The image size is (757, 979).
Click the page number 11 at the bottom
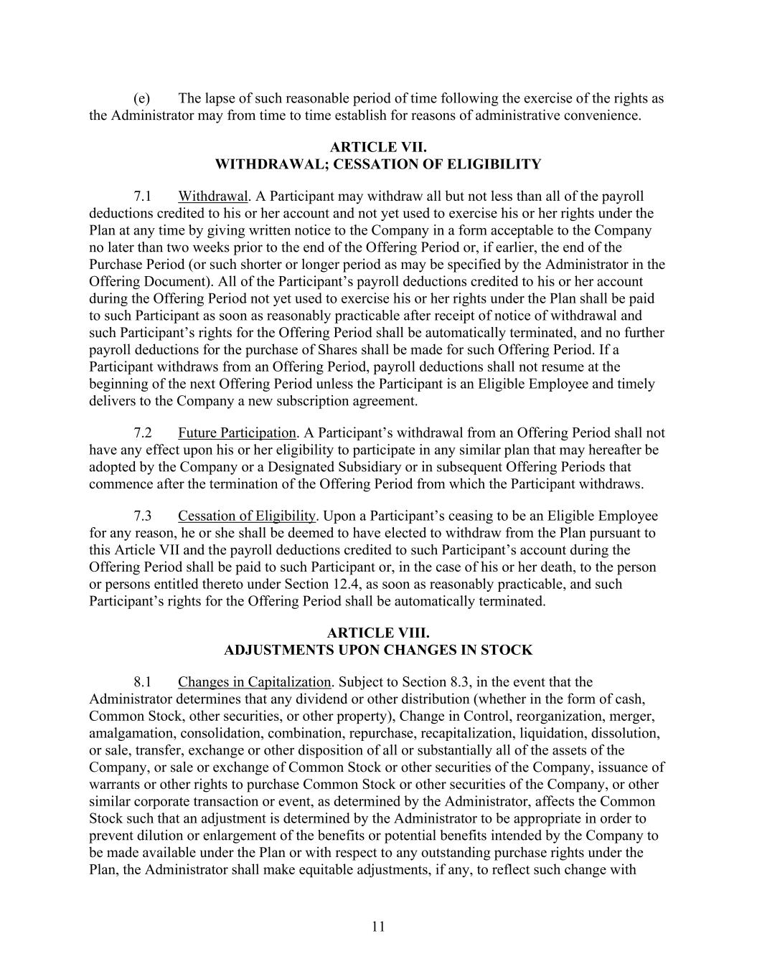tap(378, 926)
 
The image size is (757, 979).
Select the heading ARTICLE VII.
tap(378, 148)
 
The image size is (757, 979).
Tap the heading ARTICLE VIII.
tap(378, 633)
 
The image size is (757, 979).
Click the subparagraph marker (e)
tap(141, 98)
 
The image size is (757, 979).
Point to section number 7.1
tap(143, 197)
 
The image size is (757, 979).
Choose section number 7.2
tap(143, 433)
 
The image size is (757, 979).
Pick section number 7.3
tap(143, 516)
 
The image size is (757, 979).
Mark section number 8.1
tap(143, 682)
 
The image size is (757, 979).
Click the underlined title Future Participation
tap(237, 433)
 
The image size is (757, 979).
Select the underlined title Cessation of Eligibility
tap(247, 516)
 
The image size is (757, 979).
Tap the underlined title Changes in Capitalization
tap(255, 682)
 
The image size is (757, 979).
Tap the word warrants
tap(114, 785)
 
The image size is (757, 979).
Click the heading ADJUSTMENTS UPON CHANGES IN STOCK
tap(378, 651)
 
